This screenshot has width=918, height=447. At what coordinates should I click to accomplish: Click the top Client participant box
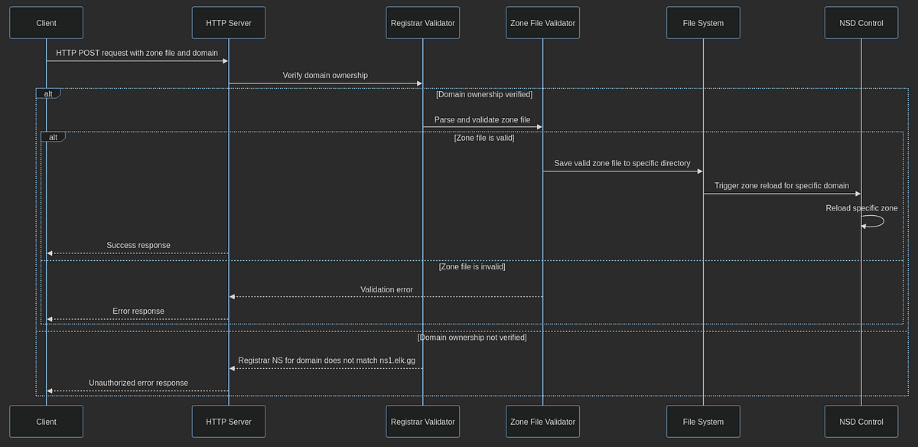click(x=46, y=23)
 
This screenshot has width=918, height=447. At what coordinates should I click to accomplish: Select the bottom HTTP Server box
click(x=229, y=422)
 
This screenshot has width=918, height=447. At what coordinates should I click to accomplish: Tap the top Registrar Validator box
click(x=422, y=23)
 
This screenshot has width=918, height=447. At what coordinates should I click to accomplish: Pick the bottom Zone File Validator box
click(x=542, y=422)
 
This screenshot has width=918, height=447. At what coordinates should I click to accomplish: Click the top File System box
click(x=703, y=23)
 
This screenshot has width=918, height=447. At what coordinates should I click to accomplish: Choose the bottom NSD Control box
click(x=861, y=422)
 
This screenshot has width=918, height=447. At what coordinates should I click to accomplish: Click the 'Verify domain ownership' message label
click(x=325, y=75)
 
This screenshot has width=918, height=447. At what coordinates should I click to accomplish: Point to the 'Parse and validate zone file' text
click(x=482, y=119)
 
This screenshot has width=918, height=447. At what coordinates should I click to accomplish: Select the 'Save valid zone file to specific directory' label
click(x=622, y=163)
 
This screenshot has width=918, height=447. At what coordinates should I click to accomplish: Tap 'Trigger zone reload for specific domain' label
click(x=781, y=185)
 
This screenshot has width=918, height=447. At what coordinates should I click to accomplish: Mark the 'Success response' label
click(x=138, y=245)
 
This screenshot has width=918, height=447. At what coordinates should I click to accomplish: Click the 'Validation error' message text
click(x=386, y=289)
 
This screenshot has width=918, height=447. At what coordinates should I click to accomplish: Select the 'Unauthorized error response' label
click(x=138, y=382)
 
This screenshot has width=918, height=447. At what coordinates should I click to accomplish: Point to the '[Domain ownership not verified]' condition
click(x=472, y=337)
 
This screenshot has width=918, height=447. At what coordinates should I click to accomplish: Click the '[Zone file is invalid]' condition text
click(x=471, y=266)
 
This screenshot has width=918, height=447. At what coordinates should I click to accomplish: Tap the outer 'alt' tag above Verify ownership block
click(x=47, y=93)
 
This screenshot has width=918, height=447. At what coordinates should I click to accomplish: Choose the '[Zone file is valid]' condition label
click(x=483, y=138)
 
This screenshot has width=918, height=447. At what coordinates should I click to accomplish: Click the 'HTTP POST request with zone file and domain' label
click(x=137, y=53)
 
